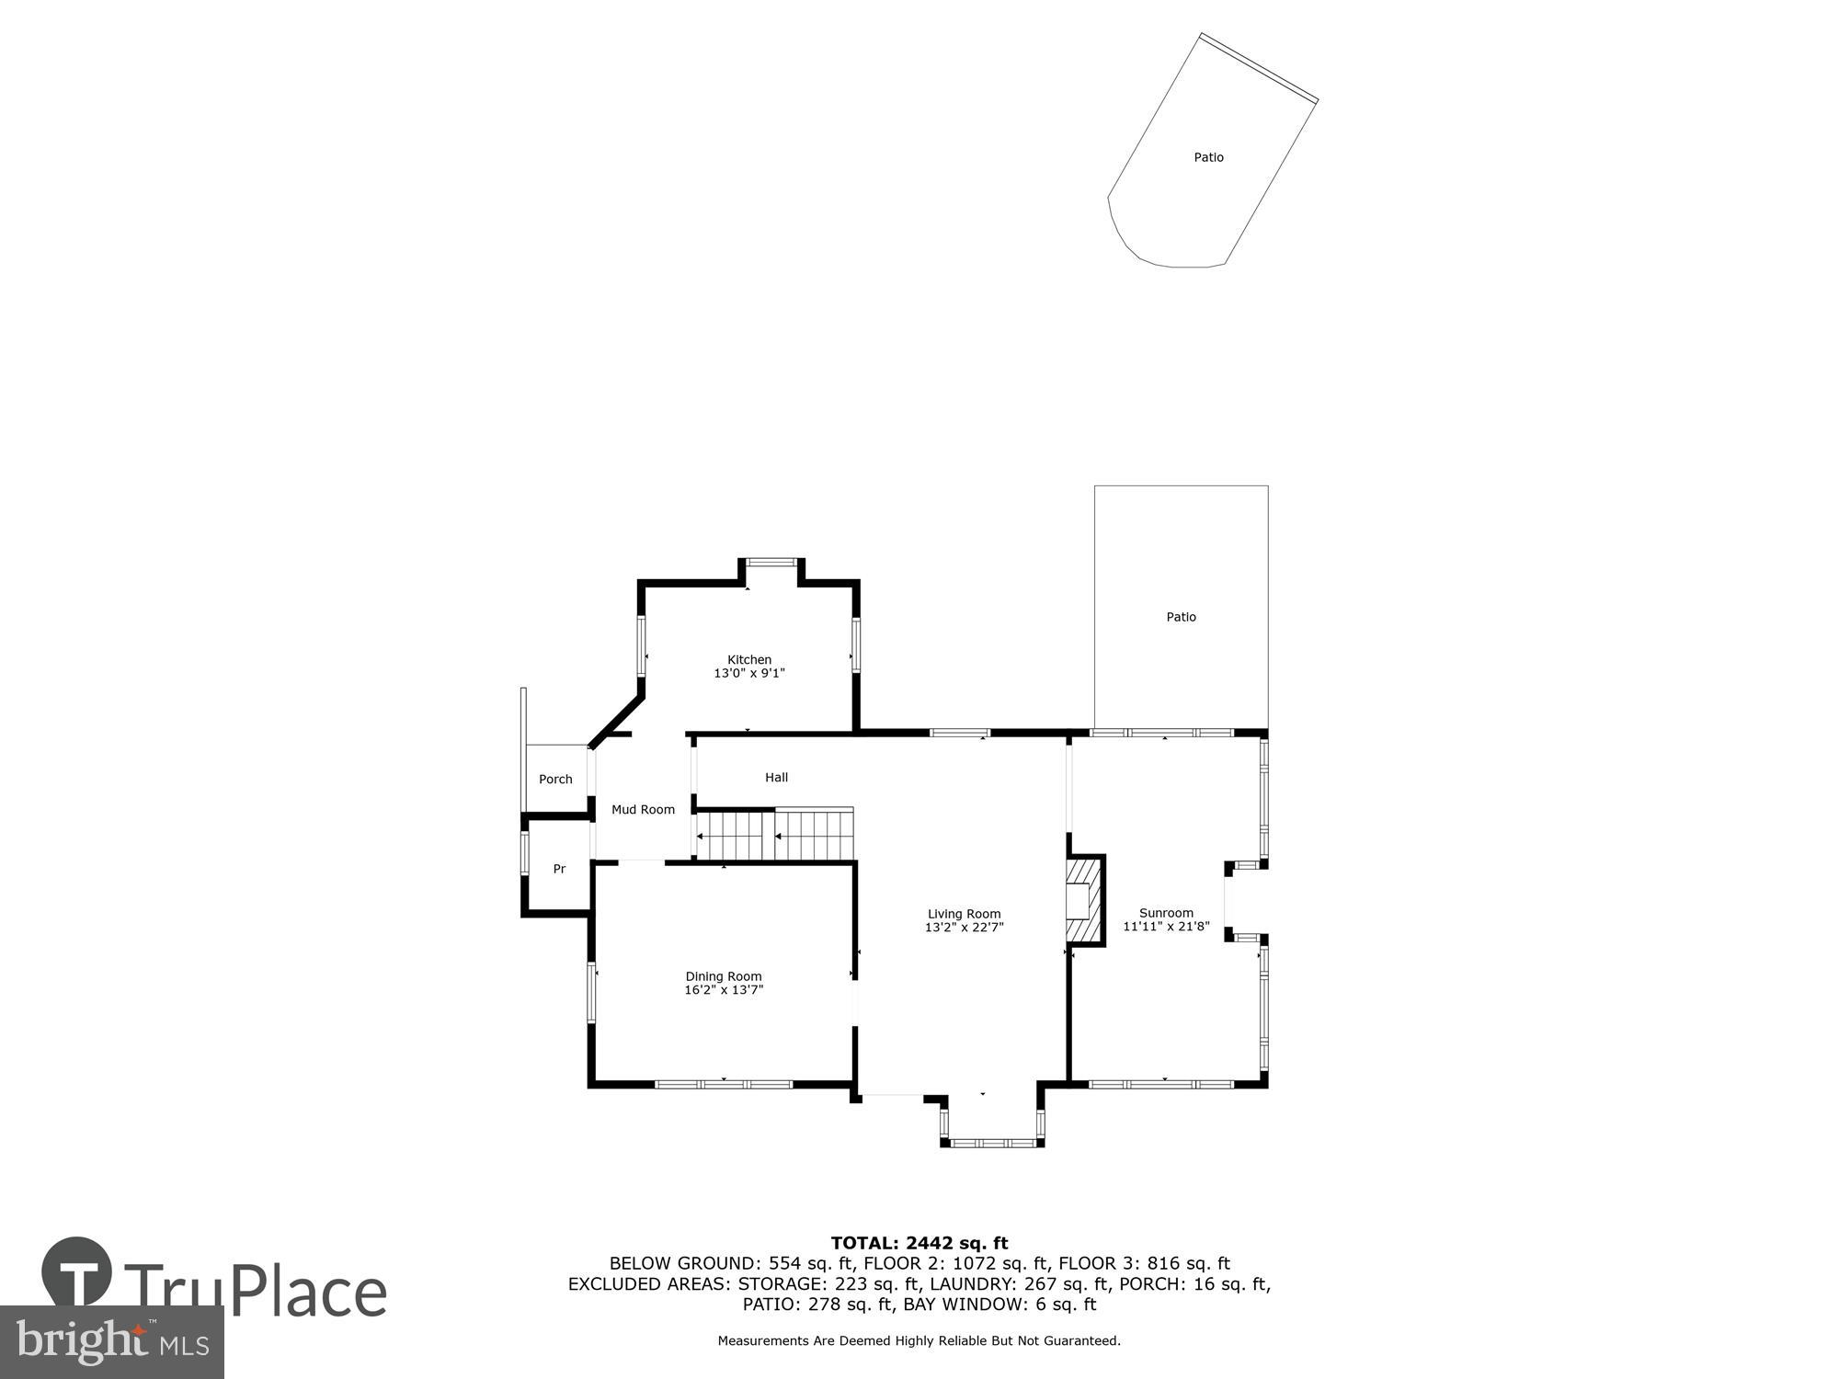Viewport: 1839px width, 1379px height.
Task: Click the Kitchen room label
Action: click(x=749, y=659)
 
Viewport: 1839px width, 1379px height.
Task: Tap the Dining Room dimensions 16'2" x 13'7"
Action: click(x=724, y=990)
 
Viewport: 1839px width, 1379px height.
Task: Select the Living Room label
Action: click(x=964, y=914)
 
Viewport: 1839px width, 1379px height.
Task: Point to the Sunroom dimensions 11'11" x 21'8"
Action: click(x=1166, y=927)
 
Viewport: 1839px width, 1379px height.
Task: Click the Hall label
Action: click(x=776, y=777)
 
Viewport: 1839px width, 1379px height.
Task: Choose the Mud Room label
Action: click(x=643, y=809)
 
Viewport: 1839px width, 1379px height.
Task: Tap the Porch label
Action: click(x=555, y=779)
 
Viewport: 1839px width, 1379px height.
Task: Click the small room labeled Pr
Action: click(x=558, y=869)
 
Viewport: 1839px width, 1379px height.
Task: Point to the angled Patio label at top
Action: click(x=1208, y=157)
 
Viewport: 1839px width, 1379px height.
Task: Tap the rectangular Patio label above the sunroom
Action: click(x=1181, y=617)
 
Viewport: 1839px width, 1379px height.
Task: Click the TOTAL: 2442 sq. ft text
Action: click(x=919, y=1244)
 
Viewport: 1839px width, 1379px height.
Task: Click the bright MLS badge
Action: click(x=112, y=1342)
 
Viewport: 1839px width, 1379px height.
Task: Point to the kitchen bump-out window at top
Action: click(x=771, y=562)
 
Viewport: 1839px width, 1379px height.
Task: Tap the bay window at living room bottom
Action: click(x=992, y=1142)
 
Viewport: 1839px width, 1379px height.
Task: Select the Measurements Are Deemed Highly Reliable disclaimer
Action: click(x=919, y=1341)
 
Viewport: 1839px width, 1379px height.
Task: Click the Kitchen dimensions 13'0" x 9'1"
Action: click(x=749, y=673)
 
